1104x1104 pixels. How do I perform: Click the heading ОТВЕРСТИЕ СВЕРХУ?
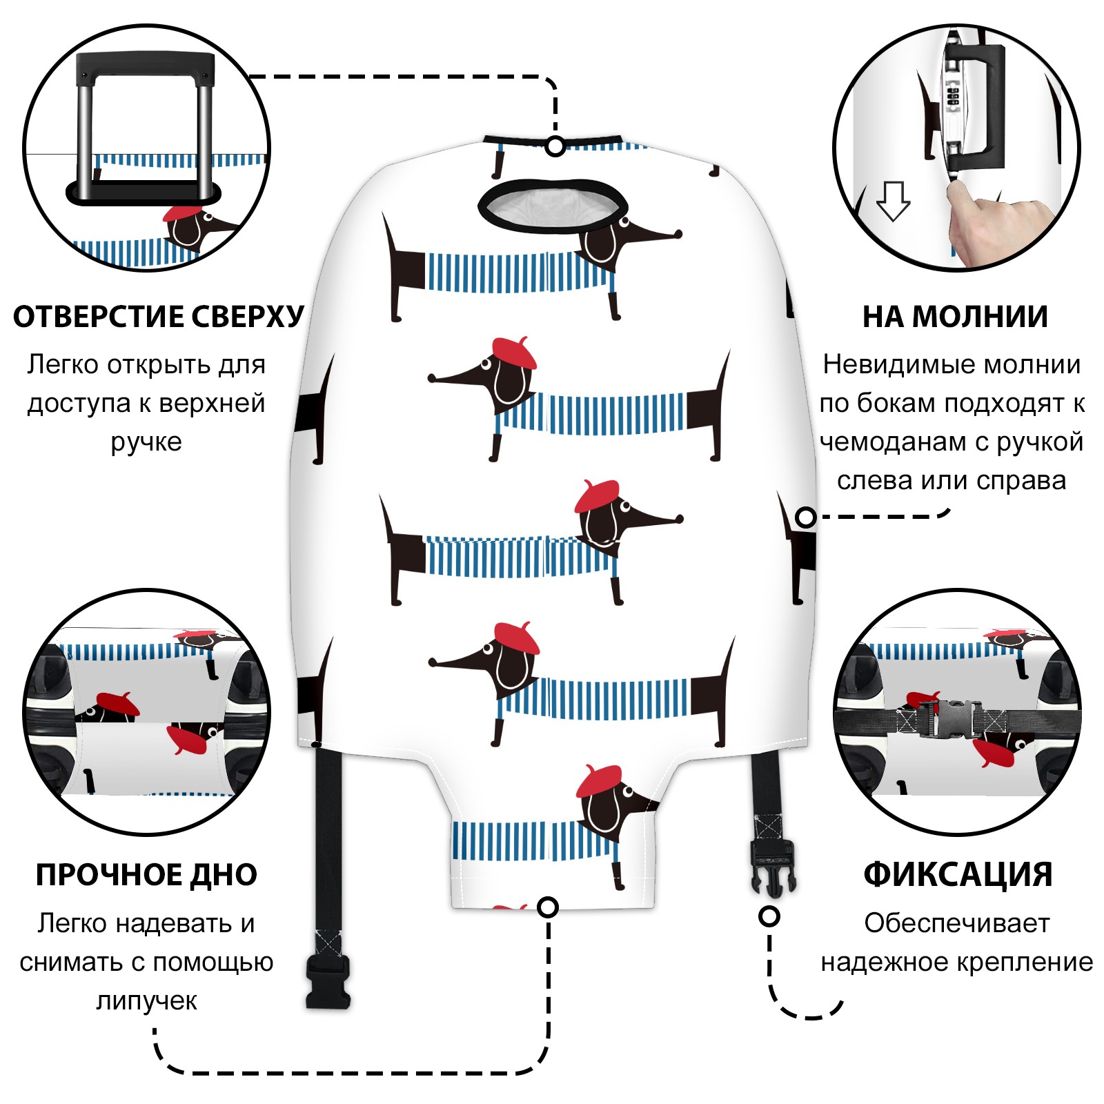pyautogui.click(x=158, y=316)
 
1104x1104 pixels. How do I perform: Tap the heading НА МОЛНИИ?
pyautogui.click(x=955, y=317)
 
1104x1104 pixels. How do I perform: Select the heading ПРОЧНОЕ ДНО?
pyautogui.click(x=146, y=874)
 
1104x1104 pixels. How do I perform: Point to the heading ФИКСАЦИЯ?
pyautogui.click(x=958, y=874)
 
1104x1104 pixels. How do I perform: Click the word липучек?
pyautogui.click(x=146, y=1000)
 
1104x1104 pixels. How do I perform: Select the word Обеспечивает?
pyautogui.click(x=956, y=923)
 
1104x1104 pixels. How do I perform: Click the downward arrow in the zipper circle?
pyautogui.click(x=893, y=201)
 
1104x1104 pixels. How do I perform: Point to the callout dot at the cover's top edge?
pyautogui.click(x=555, y=146)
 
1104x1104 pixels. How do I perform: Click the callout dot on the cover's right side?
pyautogui.click(x=805, y=517)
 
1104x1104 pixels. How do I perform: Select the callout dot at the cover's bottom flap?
pyautogui.click(x=547, y=907)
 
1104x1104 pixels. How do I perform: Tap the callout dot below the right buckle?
pyautogui.click(x=769, y=916)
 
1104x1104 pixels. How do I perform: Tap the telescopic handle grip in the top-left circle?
pyautogui.click(x=145, y=66)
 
